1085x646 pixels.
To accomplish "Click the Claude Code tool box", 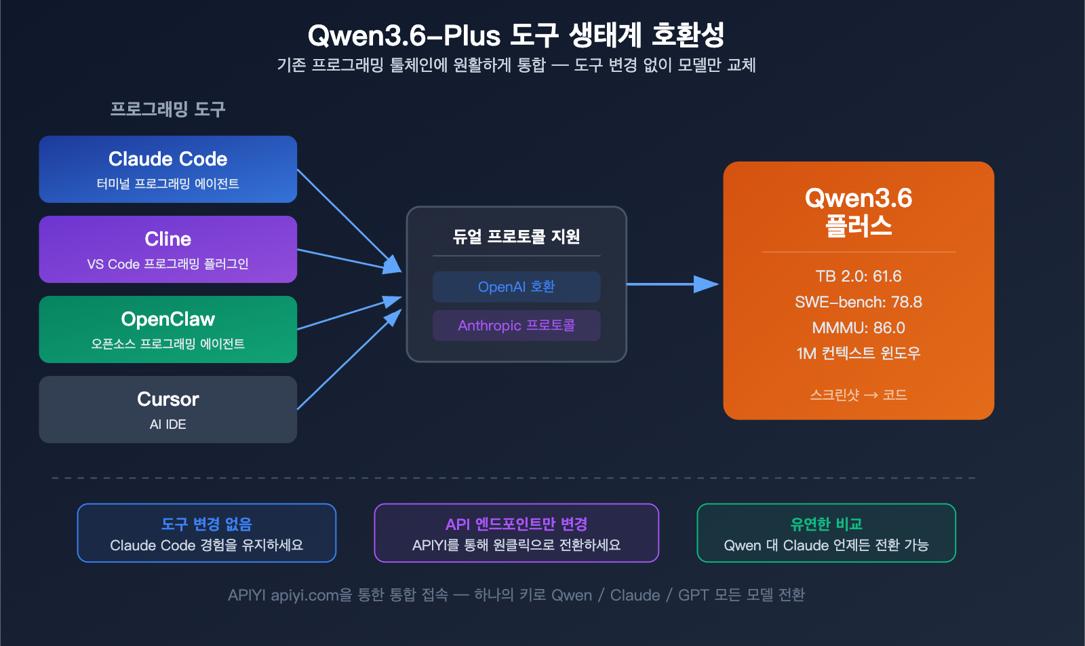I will [167, 169].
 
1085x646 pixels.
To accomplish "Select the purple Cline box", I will [167, 249].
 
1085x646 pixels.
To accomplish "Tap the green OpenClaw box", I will [167, 329].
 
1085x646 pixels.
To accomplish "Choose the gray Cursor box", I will [167, 409].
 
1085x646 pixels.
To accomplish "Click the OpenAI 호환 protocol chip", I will [516, 286].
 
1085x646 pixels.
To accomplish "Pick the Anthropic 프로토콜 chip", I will [516, 326].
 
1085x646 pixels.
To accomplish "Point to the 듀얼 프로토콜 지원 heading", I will [516, 236].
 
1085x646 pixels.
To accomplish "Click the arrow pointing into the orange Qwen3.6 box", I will [705, 284].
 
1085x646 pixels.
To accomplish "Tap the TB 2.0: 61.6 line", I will [859, 276].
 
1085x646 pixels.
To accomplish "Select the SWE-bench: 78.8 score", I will [859, 302].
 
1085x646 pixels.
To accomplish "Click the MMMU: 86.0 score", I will [859, 328].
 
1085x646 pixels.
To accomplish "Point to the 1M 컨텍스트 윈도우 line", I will [859, 354].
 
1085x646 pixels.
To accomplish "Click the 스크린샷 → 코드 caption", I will [859, 395].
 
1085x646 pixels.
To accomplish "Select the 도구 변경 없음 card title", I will [206, 524].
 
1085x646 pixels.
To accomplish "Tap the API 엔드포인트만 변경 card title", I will [516, 524].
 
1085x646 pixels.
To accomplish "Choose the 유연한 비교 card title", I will [826, 524].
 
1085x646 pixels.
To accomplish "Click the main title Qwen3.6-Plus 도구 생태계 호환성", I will [516, 35].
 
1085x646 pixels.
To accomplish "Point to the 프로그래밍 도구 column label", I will [167, 109].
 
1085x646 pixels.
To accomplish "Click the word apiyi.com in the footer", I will [304, 596].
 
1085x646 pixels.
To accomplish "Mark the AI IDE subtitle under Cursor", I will [167, 425].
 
